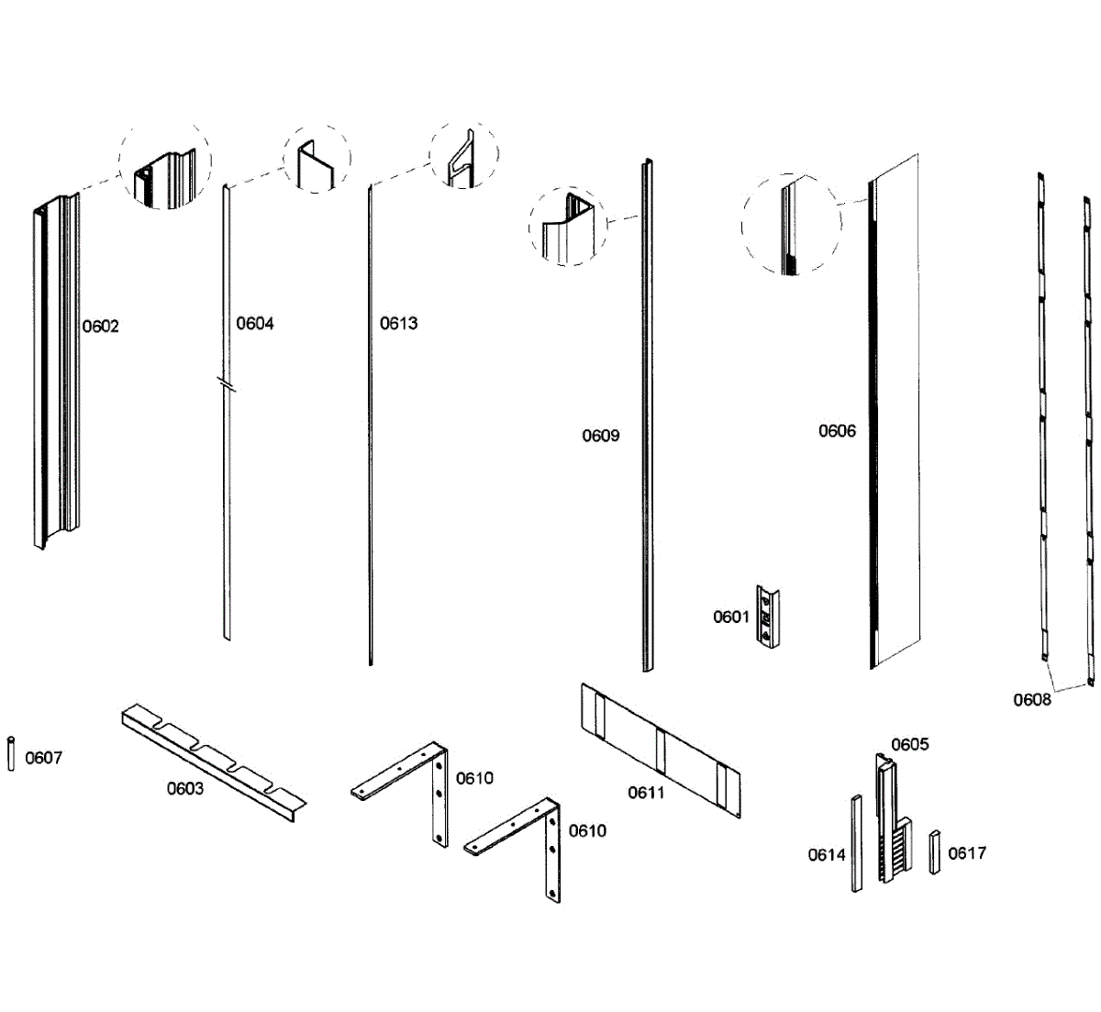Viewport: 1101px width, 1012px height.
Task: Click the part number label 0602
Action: click(101, 327)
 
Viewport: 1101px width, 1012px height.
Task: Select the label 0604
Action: click(255, 323)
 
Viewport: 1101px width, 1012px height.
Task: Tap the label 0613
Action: click(398, 323)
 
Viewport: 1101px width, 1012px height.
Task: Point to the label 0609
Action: click(600, 436)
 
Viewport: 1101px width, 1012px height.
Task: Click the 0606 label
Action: click(837, 431)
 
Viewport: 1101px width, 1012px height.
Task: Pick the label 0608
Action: click(1032, 700)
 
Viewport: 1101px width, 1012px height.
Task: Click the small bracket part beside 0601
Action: click(768, 617)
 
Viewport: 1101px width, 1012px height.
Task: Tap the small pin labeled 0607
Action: click(11, 753)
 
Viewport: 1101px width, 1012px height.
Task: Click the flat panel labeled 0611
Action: click(660, 748)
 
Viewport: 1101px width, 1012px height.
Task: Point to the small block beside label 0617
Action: click(935, 851)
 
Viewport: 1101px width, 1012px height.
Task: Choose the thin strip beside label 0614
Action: click(856, 843)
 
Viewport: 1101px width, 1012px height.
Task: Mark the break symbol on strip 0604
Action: click(226, 384)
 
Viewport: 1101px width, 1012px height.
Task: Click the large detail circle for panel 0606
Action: click(791, 225)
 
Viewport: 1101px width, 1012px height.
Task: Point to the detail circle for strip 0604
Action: click(317, 159)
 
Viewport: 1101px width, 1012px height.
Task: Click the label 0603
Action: click(185, 789)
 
